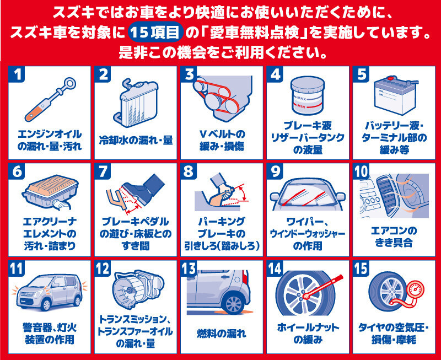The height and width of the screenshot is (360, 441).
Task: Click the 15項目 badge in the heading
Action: [155, 33]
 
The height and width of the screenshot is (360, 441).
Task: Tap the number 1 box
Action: [17, 74]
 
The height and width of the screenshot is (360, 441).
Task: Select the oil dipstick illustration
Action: [50, 99]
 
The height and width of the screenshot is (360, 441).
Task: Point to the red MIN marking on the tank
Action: [301, 106]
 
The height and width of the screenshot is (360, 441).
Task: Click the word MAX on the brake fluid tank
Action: [301, 99]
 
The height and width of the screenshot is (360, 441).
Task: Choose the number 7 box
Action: [103, 171]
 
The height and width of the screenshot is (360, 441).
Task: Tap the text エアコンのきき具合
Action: [394, 237]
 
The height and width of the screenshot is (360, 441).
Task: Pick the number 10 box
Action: [361, 171]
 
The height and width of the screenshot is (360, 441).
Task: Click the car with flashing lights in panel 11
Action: [50, 292]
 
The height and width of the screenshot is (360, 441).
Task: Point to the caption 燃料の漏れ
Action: [222, 334]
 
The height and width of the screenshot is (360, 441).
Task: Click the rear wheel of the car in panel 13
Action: [233, 304]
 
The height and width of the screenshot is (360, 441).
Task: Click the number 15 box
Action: [361, 268]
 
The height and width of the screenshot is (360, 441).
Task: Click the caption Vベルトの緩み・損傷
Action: [222, 141]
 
